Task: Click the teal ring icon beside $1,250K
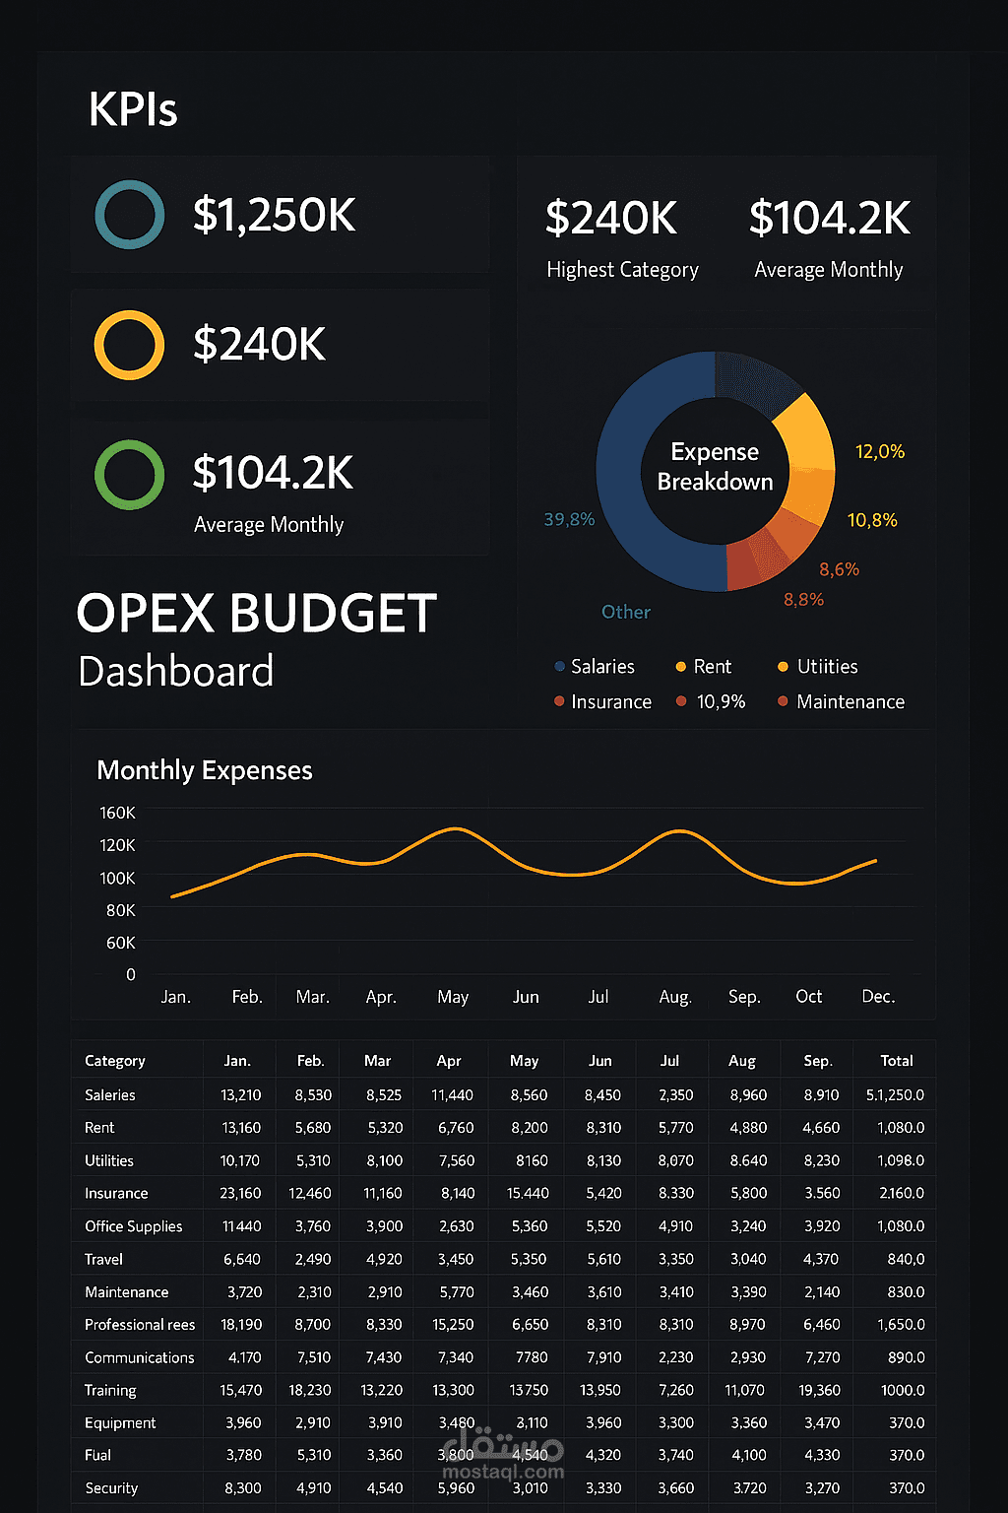(129, 215)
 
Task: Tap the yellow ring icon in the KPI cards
(129, 345)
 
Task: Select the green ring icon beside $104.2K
(129, 474)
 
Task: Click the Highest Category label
(622, 270)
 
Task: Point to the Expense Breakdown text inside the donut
(715, 467)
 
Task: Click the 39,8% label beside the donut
(569, 519)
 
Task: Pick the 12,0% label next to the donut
(879, 452)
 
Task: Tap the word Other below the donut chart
(626, 612)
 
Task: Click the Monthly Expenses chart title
(205, 770)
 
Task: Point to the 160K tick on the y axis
(117, 813)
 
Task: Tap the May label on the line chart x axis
(453, 997)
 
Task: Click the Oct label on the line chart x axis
(808, 997)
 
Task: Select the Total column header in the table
(896, 1061)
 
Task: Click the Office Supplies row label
(134, 1226)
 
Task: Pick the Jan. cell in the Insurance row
(240, 1193)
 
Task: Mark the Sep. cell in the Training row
(820, 1390)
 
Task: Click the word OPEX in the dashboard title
(146, 614)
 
